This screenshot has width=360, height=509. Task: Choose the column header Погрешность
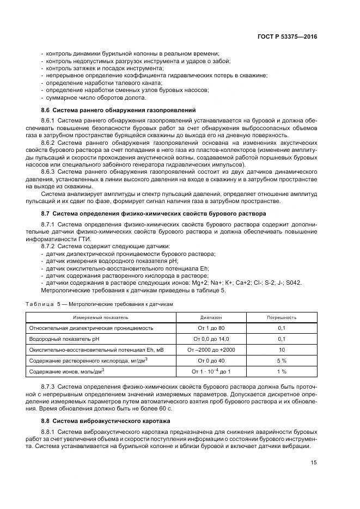[281, 316]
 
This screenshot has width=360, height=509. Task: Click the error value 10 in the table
[281, 349]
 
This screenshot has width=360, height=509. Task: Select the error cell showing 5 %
[281, 360]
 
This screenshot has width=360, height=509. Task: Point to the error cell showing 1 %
[281, 371]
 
